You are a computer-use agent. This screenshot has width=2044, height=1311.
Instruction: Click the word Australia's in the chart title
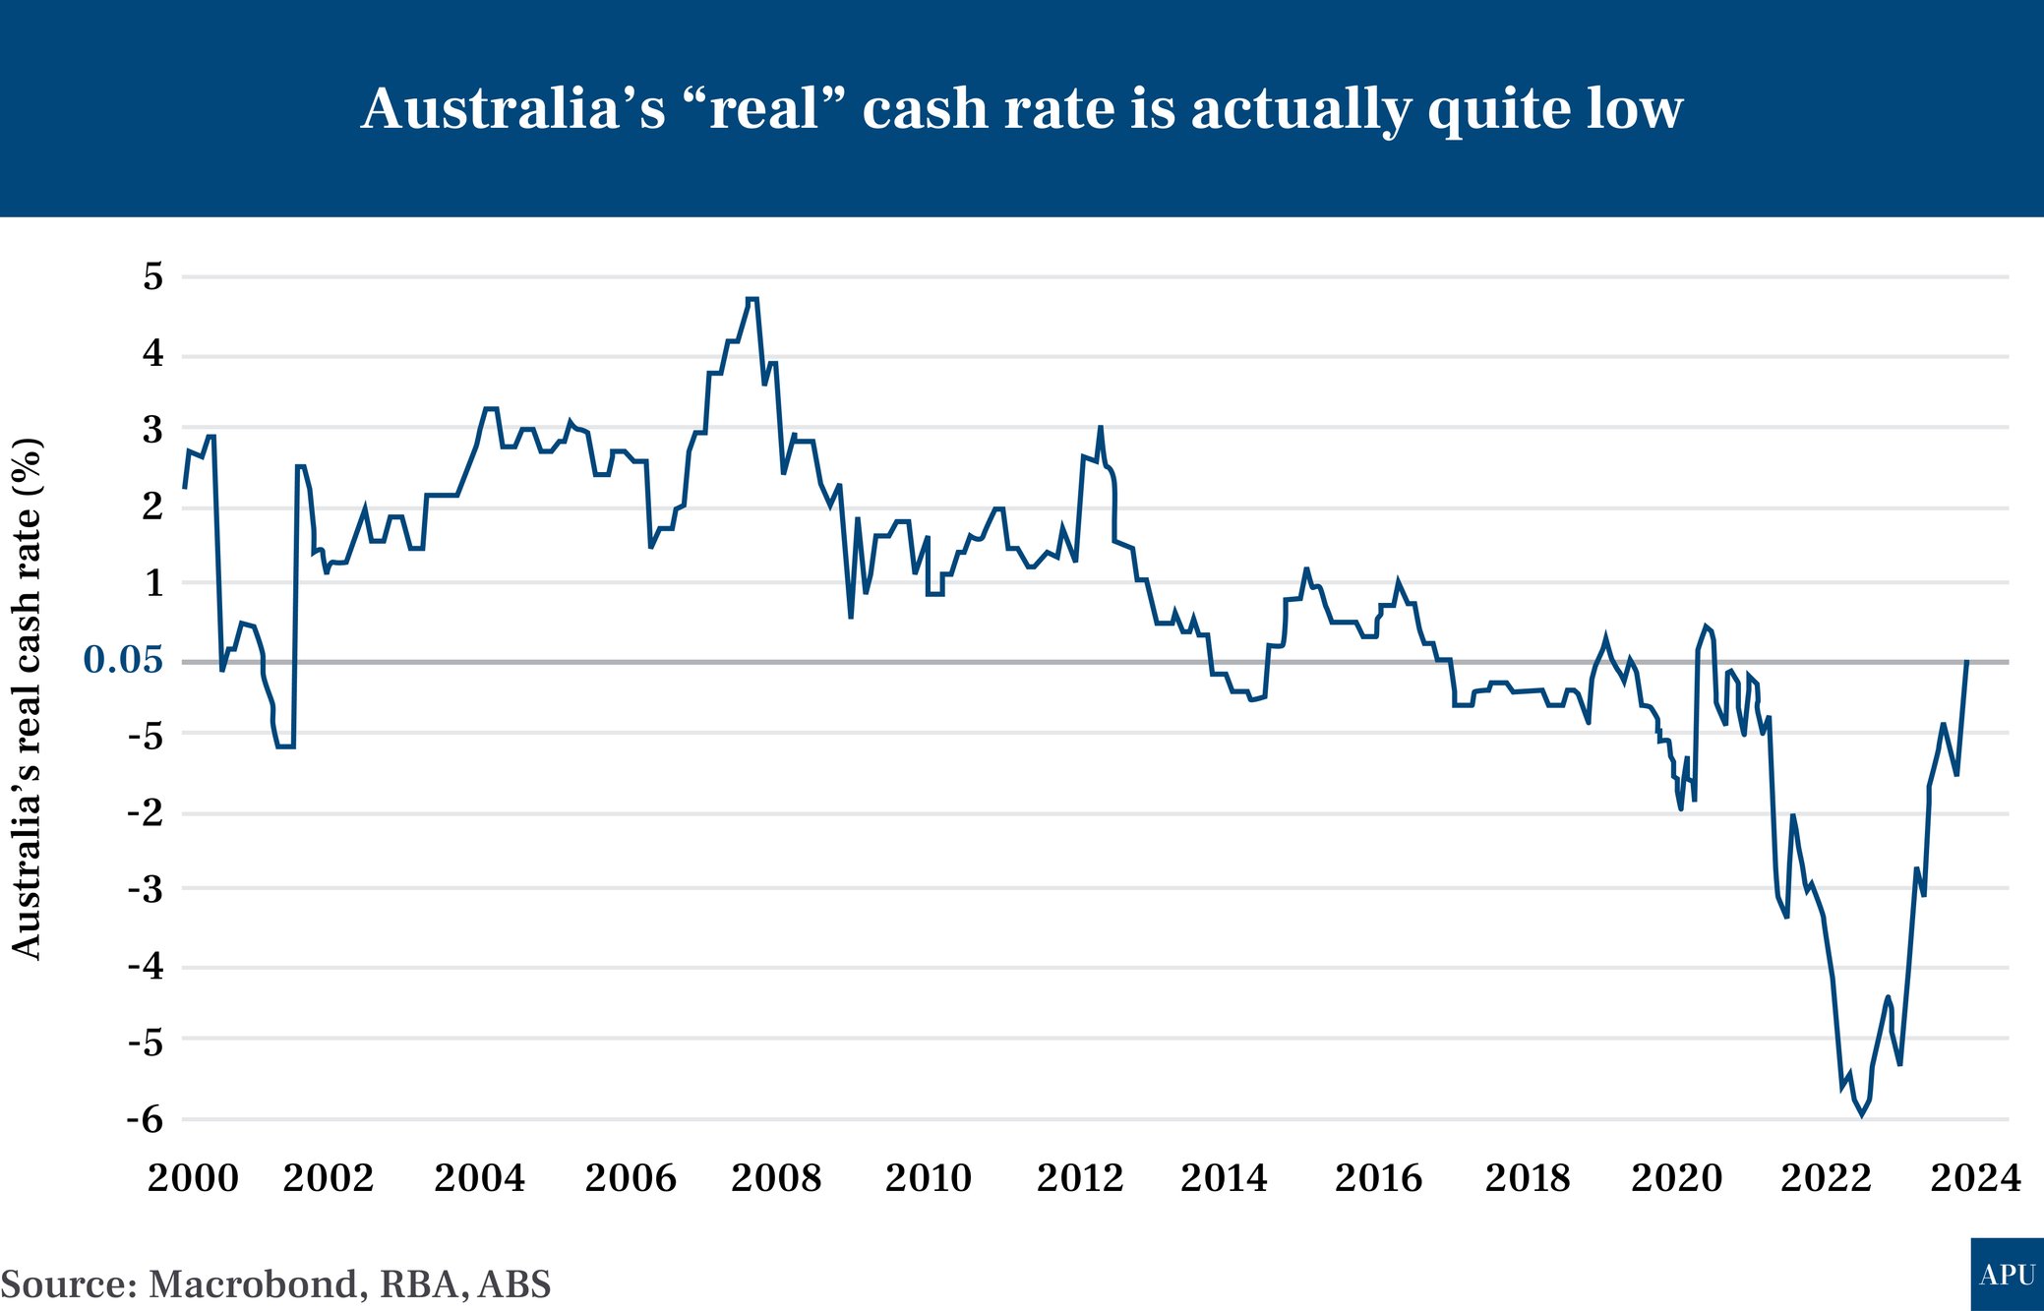pyautogui.click(x=512, y=108)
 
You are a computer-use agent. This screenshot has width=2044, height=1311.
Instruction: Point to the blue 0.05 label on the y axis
pyautogui.click(x=123, y=660)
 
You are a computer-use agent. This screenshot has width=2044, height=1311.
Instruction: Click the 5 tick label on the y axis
pyautogui.click(x=152, y=276)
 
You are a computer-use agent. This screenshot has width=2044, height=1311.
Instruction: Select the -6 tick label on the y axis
pyautogui.click(x=146, y=1119)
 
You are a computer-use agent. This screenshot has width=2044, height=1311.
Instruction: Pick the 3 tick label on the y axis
pyautogui.click(x=152, y=430)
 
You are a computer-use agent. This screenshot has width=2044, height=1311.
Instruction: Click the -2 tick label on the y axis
pyautogui.click(x=146, y=813)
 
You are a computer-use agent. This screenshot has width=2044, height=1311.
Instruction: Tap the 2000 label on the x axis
pyautogui.click(x=193, y=1178)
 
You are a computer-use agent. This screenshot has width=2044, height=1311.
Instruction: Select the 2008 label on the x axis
pyautogui.click(x=776, y=1178)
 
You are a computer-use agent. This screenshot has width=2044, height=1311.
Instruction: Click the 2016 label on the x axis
pyautogui.click(x=1378, y=1178)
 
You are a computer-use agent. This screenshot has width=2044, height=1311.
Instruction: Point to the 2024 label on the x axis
pyautogui.click(x=1975, y=1178)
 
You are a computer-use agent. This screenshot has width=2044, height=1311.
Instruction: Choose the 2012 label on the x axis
pyautogui.click(x=1080, y=1178)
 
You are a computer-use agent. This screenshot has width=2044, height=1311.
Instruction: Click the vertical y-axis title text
pyautogui.click(x=27, y=698)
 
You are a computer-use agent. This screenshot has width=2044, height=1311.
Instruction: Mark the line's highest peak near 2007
pyautogui.click(x=752, y=299)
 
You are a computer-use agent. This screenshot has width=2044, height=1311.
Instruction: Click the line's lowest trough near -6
pyautogui.click(x=1861, y=1114)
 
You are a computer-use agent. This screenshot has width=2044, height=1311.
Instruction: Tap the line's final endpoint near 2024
pyautogui.click(x=1966, y=661)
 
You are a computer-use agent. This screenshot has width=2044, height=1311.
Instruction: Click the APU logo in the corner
pyautogui.click(x=2007, y=1275)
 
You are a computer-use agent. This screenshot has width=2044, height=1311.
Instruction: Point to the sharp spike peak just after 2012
pyautogui.click(x=1101, y=428)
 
